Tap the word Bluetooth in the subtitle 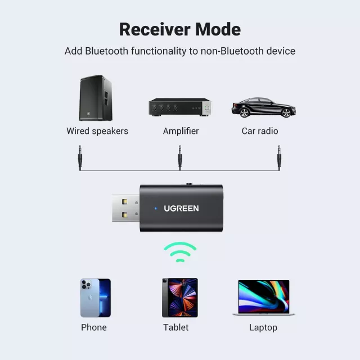coord(106,51)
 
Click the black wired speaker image coord(96,98)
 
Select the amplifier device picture coord(179,107)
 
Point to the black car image coord(263,107)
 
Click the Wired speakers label coord(97,131)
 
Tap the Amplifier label coord(181,131)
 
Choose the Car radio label coord(260,131)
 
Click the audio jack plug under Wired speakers coord(80,157)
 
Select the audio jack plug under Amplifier coord(180,157)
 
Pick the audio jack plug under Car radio coord(279,157)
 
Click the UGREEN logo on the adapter coord(181,208)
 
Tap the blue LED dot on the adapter coord(156,208)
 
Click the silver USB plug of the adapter coord(125,208)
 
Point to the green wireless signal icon coord(180,252)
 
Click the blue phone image coord(95,298)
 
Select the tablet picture coord(180,298)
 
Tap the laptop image coord(263,298)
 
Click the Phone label coord(93,327)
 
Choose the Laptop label coord(263,327)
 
